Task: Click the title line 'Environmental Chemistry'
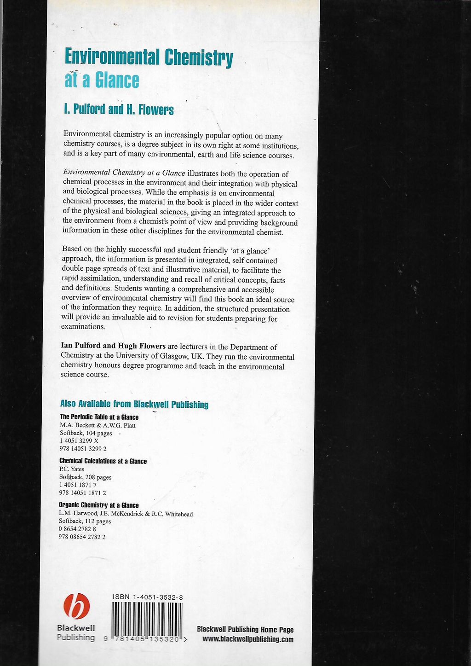point(149,58)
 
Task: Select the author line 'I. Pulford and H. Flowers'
point(119,110)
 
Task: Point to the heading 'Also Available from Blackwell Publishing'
point(134,404)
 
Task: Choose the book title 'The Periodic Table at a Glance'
point(99,417)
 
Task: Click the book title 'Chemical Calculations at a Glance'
point(103,461)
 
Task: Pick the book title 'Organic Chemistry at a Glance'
point(98,505)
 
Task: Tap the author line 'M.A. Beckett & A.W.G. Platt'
point(98,425)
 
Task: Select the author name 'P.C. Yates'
point(72,469)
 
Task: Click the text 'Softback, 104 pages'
point(86,433)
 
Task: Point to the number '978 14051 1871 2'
point(82,492)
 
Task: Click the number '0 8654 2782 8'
point(77,529)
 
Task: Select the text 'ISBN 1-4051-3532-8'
point(148,597)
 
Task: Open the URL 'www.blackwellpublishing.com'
point(247,639)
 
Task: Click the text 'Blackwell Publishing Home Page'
point(245,630)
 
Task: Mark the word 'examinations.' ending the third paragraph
point(83,326)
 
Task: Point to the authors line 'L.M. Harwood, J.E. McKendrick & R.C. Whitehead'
point(126,514)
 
